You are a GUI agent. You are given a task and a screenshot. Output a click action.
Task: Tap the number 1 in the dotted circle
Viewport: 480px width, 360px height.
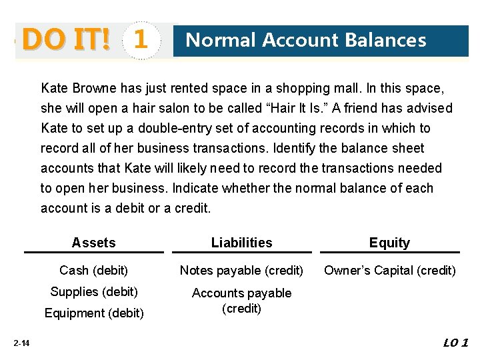pos(140,41)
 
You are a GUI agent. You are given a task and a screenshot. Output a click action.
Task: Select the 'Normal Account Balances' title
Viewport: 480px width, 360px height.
pos(306,41)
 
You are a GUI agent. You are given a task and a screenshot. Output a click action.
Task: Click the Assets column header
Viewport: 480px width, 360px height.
pos(93,243)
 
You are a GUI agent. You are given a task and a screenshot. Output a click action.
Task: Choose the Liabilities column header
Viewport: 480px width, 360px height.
pos(241,243)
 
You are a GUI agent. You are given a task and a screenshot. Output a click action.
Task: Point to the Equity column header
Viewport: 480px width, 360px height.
pos(389,243)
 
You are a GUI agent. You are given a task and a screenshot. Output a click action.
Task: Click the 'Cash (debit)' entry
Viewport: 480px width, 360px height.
pos(93,271)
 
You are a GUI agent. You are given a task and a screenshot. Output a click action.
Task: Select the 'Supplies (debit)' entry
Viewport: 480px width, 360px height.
pos(94,292)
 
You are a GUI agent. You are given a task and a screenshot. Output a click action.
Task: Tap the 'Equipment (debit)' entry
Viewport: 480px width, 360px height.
pos(93,313)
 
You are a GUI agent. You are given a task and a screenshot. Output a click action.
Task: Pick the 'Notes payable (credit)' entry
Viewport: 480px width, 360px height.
pos(241,271)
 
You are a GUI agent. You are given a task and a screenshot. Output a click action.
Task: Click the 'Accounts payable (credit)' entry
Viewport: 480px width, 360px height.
pos(241,301)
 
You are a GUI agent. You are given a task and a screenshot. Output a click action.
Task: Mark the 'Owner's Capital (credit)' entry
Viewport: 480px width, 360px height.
pos(390,271)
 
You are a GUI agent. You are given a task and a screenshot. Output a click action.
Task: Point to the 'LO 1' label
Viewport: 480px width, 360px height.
pos(456,343)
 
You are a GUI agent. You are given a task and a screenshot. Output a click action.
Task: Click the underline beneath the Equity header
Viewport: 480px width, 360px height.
pos(389,253)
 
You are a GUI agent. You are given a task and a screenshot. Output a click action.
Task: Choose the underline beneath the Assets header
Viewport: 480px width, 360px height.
pos(93,253)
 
